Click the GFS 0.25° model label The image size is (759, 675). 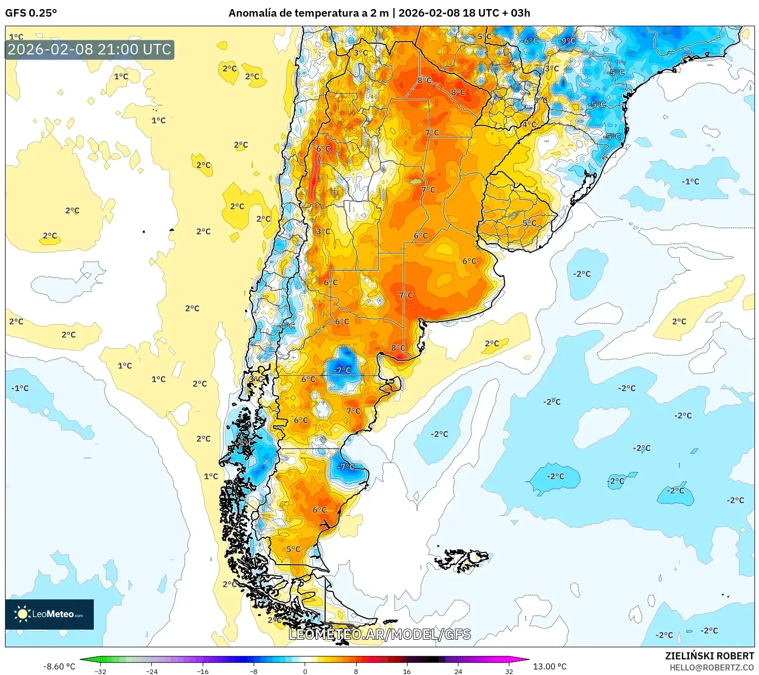(31, 13)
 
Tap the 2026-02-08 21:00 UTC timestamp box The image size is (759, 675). (89, 49)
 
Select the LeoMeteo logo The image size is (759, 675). (49, 614)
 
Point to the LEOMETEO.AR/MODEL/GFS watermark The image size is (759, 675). (380, 634)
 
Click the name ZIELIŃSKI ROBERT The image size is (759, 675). (709, 656)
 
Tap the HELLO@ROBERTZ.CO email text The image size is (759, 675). (711, 667)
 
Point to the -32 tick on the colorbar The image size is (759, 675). (100, 671)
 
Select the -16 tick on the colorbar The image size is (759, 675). (202, 671)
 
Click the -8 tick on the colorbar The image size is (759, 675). (254, 671)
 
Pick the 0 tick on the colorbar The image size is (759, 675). (305, 671)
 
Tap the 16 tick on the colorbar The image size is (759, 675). (406, 671)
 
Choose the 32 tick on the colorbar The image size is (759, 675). (509, 671)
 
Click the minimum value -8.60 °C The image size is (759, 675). (59, 666)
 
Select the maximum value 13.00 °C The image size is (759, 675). (550, 666)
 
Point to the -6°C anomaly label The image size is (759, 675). (530, 41)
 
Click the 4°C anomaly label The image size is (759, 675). (529, 124)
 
